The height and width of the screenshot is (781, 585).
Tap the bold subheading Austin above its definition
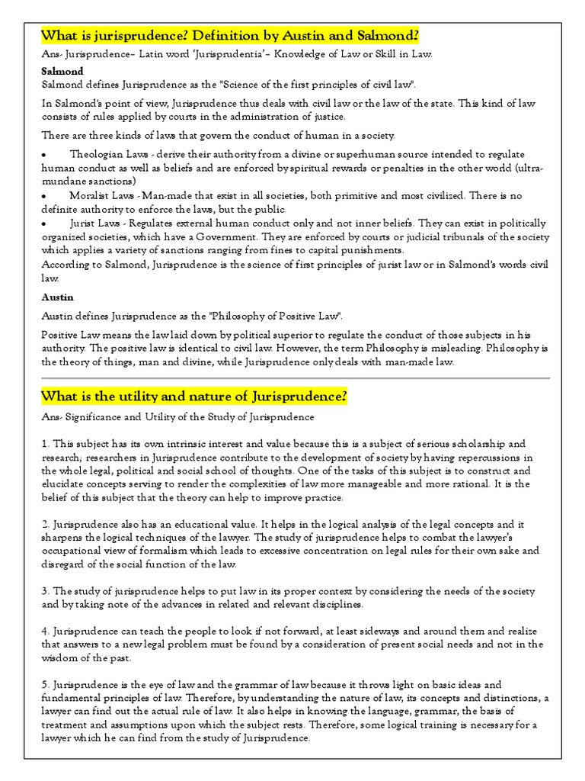click(x=57, y=297)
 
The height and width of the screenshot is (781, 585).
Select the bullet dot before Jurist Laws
click(x=46, y=223)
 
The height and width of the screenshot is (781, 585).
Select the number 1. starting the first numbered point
click(x=46, y=443)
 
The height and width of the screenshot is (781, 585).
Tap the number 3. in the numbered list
click(x=46, y=592)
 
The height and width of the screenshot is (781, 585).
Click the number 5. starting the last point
click(x=46, y=684)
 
